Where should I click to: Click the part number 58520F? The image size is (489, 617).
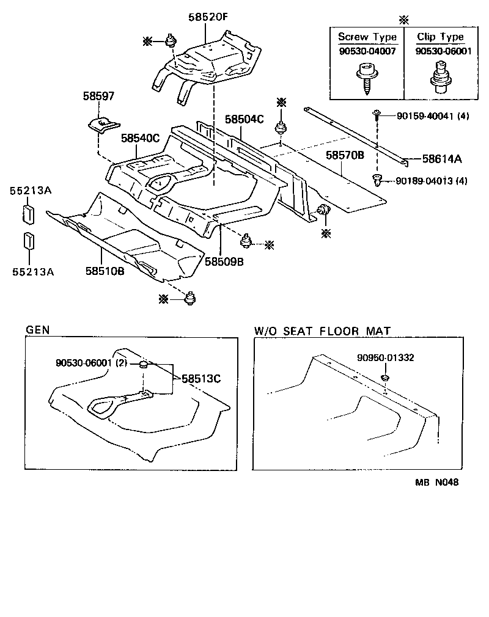207,18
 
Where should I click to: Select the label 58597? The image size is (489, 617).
98,97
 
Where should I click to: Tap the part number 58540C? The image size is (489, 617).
139,139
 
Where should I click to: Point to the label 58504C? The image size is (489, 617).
243,119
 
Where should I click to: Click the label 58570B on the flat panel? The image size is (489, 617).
344,156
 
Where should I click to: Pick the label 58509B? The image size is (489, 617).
224,261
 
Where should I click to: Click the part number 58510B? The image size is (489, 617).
105,271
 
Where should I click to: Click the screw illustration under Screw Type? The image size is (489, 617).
366,78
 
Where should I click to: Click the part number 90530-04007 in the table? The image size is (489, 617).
367,51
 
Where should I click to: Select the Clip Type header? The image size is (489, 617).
440,37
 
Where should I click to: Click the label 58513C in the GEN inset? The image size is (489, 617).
200,378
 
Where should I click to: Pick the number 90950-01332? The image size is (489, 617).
385,358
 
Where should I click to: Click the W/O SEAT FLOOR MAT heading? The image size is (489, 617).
322,330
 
